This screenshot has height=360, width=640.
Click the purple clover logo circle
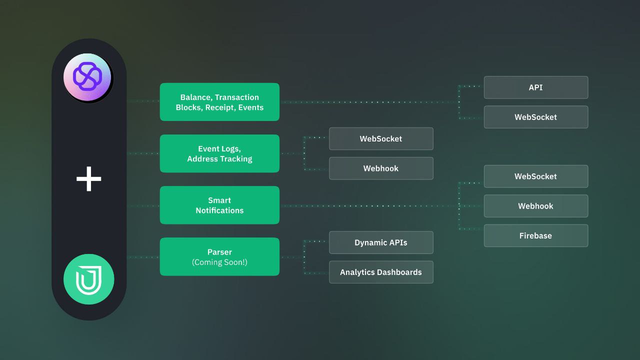point(87,77)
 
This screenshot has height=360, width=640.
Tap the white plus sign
point(89,179)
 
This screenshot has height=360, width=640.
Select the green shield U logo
point(89,279)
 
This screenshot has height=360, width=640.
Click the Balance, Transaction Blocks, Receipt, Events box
point(219,102)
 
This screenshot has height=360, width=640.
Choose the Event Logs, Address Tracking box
point(219,153)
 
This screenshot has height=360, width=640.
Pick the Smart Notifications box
point(219,205)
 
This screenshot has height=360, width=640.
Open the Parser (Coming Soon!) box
point(219,256)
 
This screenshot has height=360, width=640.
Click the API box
point(536,87)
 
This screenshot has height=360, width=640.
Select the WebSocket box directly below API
point(536,117)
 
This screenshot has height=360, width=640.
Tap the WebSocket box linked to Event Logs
point(381,138)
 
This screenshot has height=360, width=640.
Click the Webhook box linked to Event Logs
point(381,168)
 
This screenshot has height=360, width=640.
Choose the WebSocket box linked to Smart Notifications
point(536,176)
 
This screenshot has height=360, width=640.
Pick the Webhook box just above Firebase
point(536,206)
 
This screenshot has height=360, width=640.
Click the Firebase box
point(536,235)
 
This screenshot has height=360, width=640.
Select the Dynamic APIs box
point(381,242)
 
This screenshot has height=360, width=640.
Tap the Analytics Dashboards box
point(381,272)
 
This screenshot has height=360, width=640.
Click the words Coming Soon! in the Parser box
point(219,262)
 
